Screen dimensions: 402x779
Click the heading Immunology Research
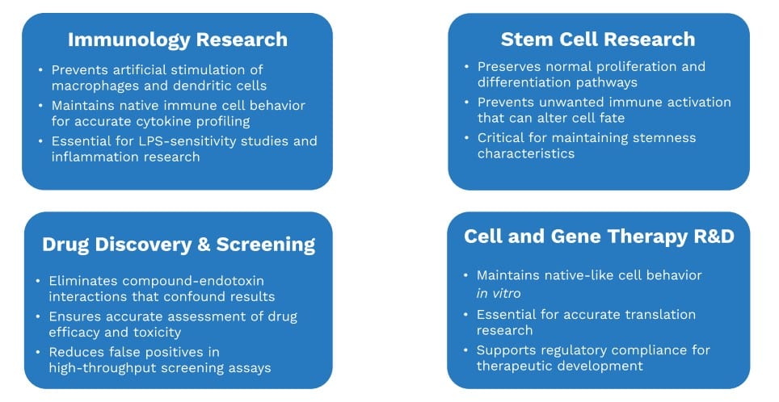pyautogui.click(x=177, y=40)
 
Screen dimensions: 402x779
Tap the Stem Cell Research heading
pyautogui.click(x=598, y=39)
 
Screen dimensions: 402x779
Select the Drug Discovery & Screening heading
pyautogui.click(x=179, y=245)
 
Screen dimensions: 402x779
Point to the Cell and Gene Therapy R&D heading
pyautogui.click(x=599, y=236)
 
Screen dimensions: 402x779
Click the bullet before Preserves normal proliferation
pyautogui.click(x=466, y=67)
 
